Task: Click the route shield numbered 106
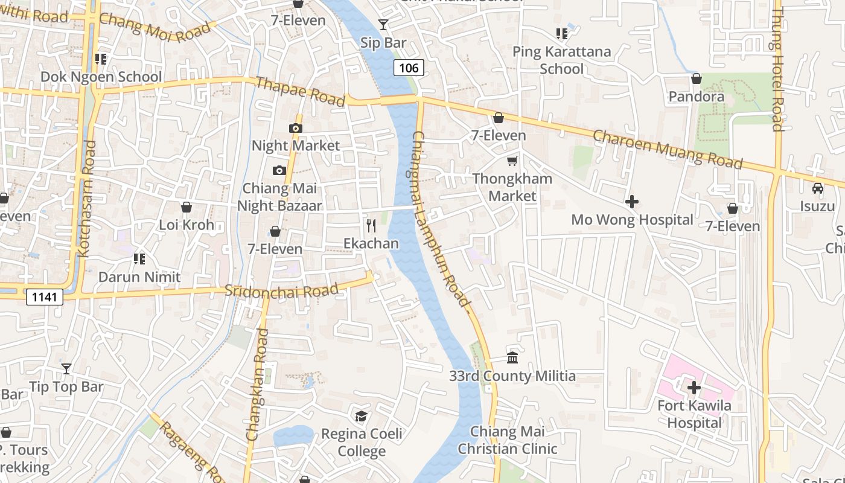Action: (409, 68)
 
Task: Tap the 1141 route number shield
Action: (45, 296)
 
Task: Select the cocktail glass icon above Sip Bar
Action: (383, 25)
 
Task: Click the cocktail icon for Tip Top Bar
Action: (66, 368)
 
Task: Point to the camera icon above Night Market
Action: (296, 128)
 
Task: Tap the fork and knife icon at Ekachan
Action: (371, 226)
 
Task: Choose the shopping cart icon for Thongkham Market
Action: (512, 161)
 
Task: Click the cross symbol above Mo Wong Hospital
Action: (632, 202)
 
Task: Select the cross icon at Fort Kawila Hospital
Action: (694, 387)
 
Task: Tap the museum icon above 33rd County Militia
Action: (512, 358)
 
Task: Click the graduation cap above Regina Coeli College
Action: (361, 416)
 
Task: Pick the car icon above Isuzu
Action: (818, 188)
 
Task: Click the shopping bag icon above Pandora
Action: (697, 78)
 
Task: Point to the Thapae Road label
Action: (300, 91)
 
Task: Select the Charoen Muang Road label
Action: (668, 149)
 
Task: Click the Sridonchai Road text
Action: (281, 290)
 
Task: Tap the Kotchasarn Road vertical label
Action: (88, 199)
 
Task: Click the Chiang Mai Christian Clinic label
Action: (507, 440)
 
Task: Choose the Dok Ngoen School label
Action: (101, 77)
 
